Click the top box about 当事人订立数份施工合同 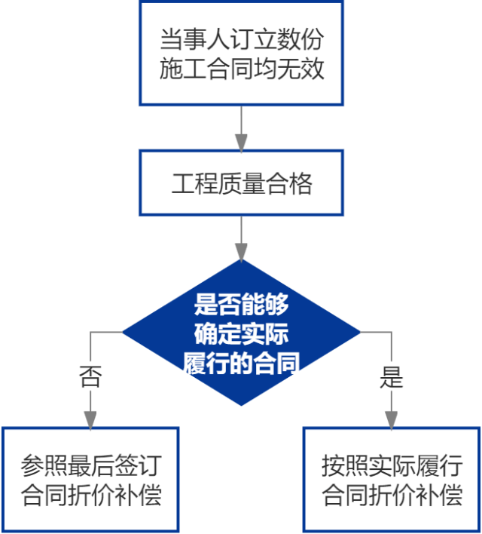coord(241,53)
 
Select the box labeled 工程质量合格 coord(241,183)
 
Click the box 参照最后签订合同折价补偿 coord(90,478)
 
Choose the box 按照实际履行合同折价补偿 coord(392,478)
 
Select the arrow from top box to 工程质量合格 coord(241,128)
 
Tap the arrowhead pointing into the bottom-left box coord(90,419)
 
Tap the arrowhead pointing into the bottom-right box coord(392,419)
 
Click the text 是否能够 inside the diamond coord(241,305)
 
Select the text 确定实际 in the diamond coord(241,333)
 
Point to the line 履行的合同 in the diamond coord(241,363)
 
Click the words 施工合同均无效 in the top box coord(242,69)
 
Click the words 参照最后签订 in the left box coord(91,464)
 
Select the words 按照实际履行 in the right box coord(392,464)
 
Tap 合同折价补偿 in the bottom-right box coord(392,495)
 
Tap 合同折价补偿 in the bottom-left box coord(91,495)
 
